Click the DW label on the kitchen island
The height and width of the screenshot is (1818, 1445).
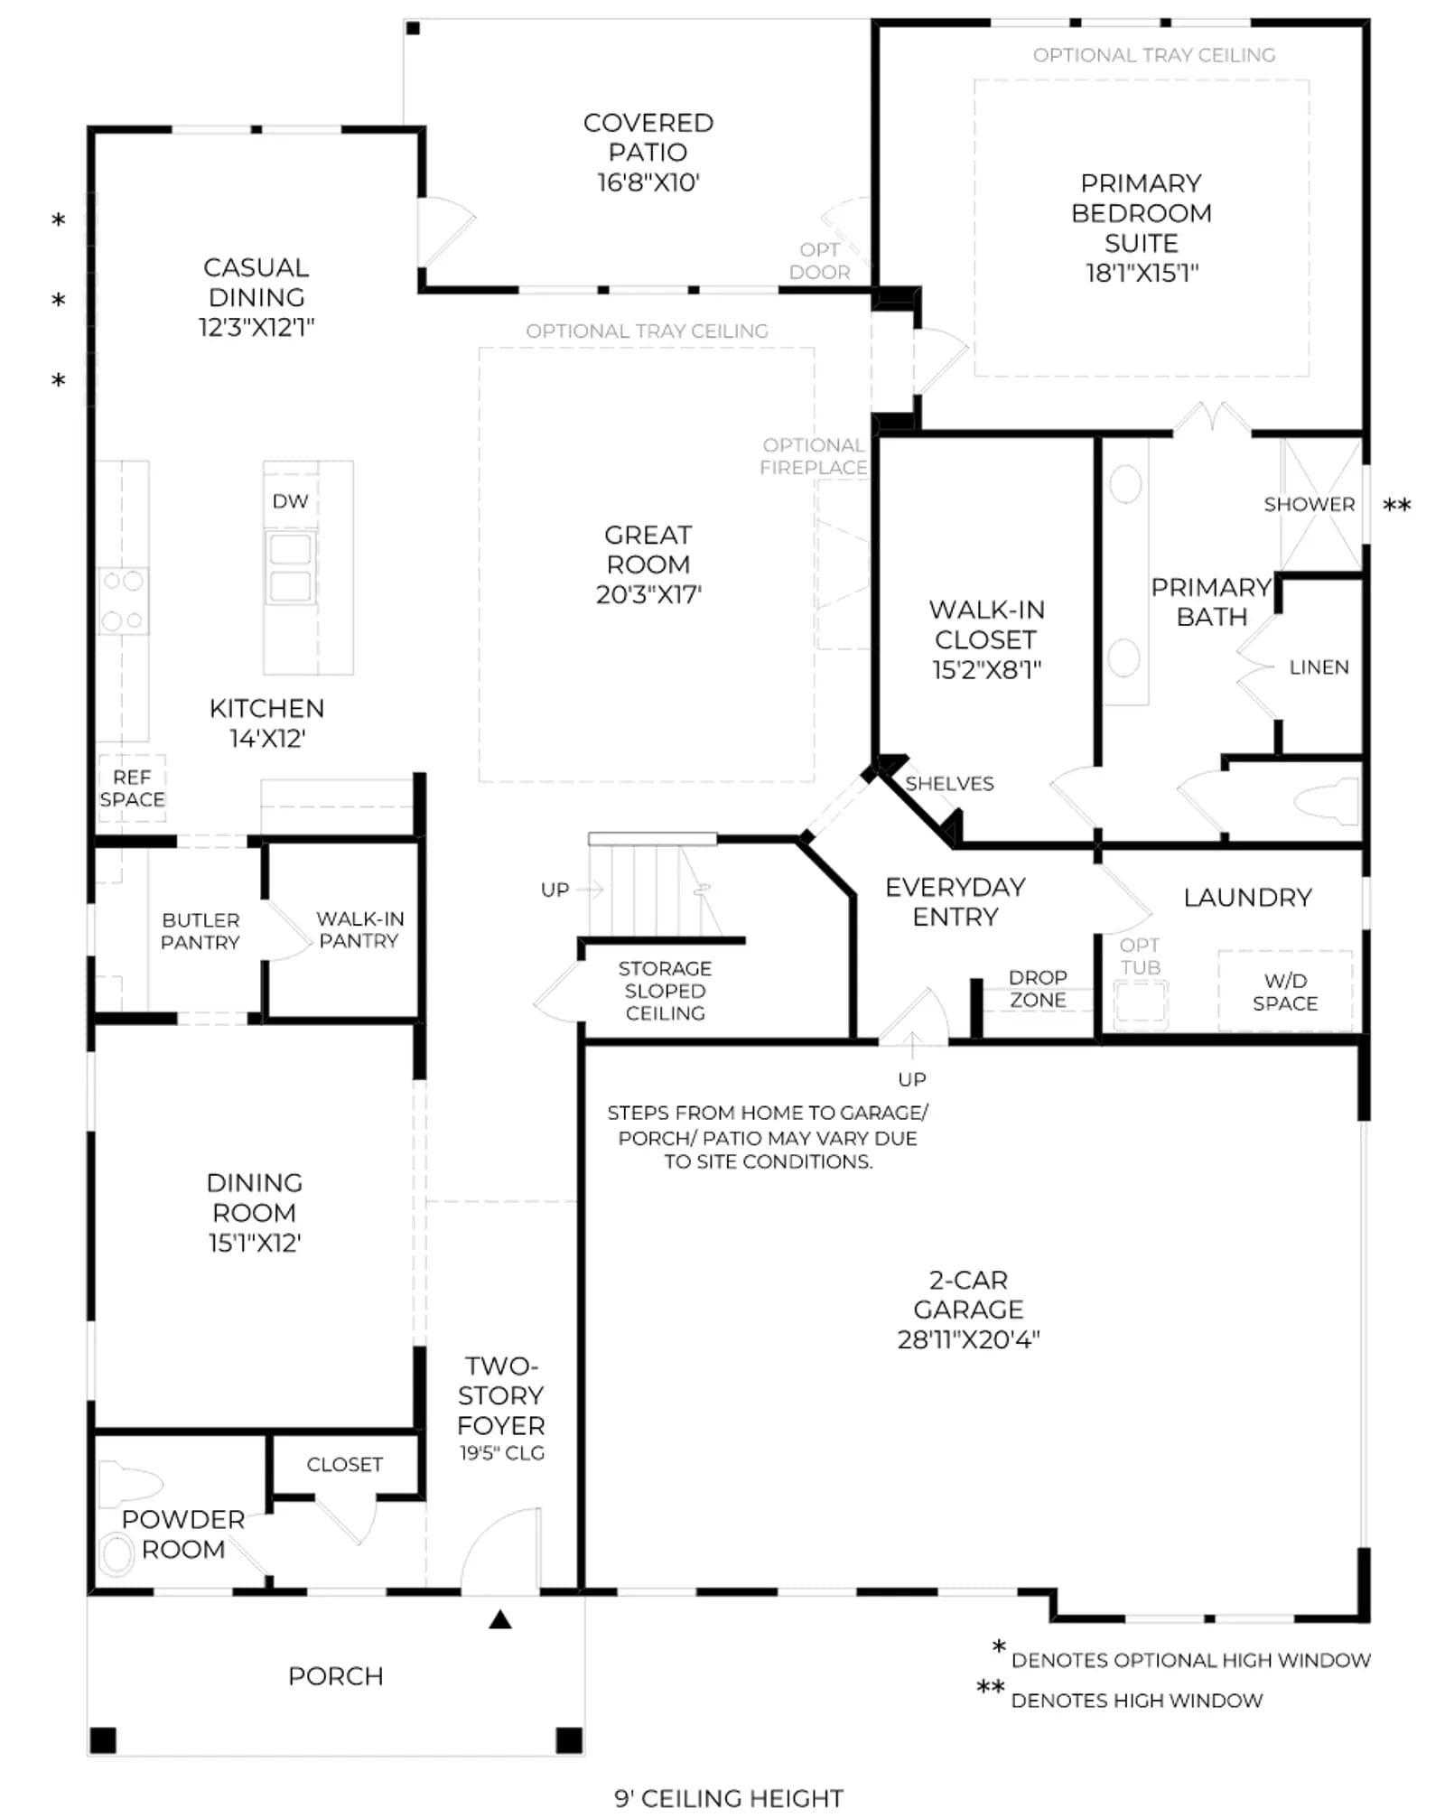pyautogui.click(x=290, y=501)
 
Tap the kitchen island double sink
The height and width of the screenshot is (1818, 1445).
pyautogui.click(x=290, y=568)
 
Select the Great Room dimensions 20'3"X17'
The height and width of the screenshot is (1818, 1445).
pyautogui.click(x=648, y=594)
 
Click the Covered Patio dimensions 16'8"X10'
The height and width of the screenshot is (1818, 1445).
pyautogui.click(x=648, y=182)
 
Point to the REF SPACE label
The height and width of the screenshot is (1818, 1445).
pyautogui.click(x=132, y=788)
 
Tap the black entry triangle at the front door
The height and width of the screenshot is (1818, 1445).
pyautogui.click(x=500, y=1619)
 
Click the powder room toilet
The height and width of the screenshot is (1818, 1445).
pyautogui.click(x=129, y=1484)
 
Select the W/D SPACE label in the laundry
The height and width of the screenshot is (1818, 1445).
pyautogui.click(x=1285, y=992)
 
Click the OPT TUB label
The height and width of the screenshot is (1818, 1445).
pyautogui.click(x=1140, y=956)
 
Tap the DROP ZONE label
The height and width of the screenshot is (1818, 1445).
pyautogui.click(x=1038, y=989)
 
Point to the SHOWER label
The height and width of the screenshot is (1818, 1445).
pyautogui.click(x=1310, y=504)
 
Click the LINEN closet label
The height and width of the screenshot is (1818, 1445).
pyautogui.click(x=1319, y=667)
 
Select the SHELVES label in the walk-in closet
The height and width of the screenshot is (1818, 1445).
pyautogui.click(x=949, y=784)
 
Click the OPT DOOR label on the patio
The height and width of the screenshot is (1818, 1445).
pyautogui.click(x=819, y=261)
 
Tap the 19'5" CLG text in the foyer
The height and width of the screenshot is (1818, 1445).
pyautogui.click(x=502, y=1453)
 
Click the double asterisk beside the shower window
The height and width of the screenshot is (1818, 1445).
pyautogui.click(x=1397, y=506)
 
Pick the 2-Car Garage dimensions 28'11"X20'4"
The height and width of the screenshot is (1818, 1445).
pyautogui.click(x=968, y=1339)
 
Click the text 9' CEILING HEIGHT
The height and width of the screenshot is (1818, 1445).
pyautogui.click(x=729, y=1797)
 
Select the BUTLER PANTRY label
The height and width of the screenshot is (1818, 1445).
pyautogui.click(x=200, y=931)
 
